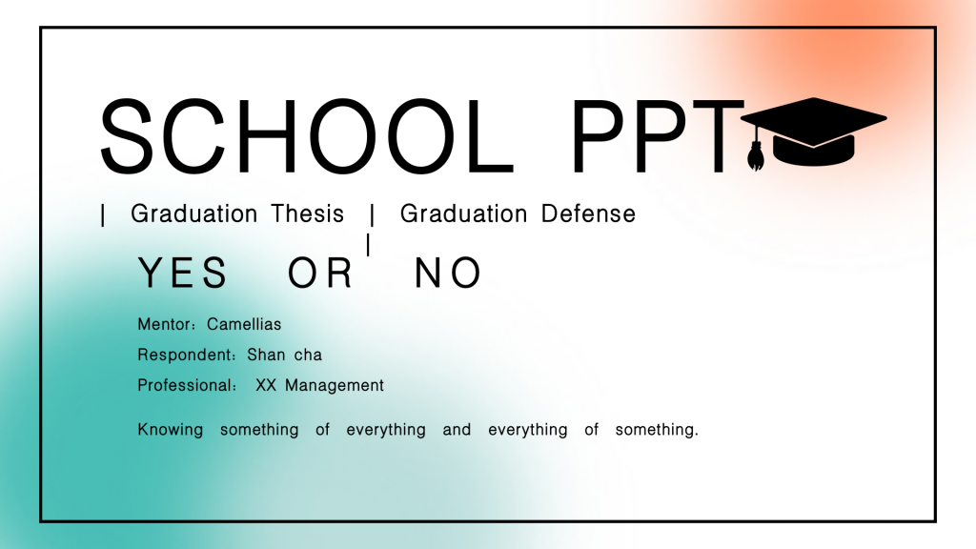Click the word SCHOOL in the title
308,136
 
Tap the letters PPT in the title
658,136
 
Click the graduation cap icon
814,132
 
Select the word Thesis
308,214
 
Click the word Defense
588,214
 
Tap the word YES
183,273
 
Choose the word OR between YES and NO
320,273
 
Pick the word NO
448,273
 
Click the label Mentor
164,324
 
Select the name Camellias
244,324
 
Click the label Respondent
185,355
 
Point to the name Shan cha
284,355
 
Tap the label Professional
185,385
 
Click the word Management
335,386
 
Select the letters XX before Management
266,385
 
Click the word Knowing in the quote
171,430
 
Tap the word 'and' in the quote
457,430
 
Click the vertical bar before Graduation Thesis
103,215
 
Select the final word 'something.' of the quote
657,430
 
